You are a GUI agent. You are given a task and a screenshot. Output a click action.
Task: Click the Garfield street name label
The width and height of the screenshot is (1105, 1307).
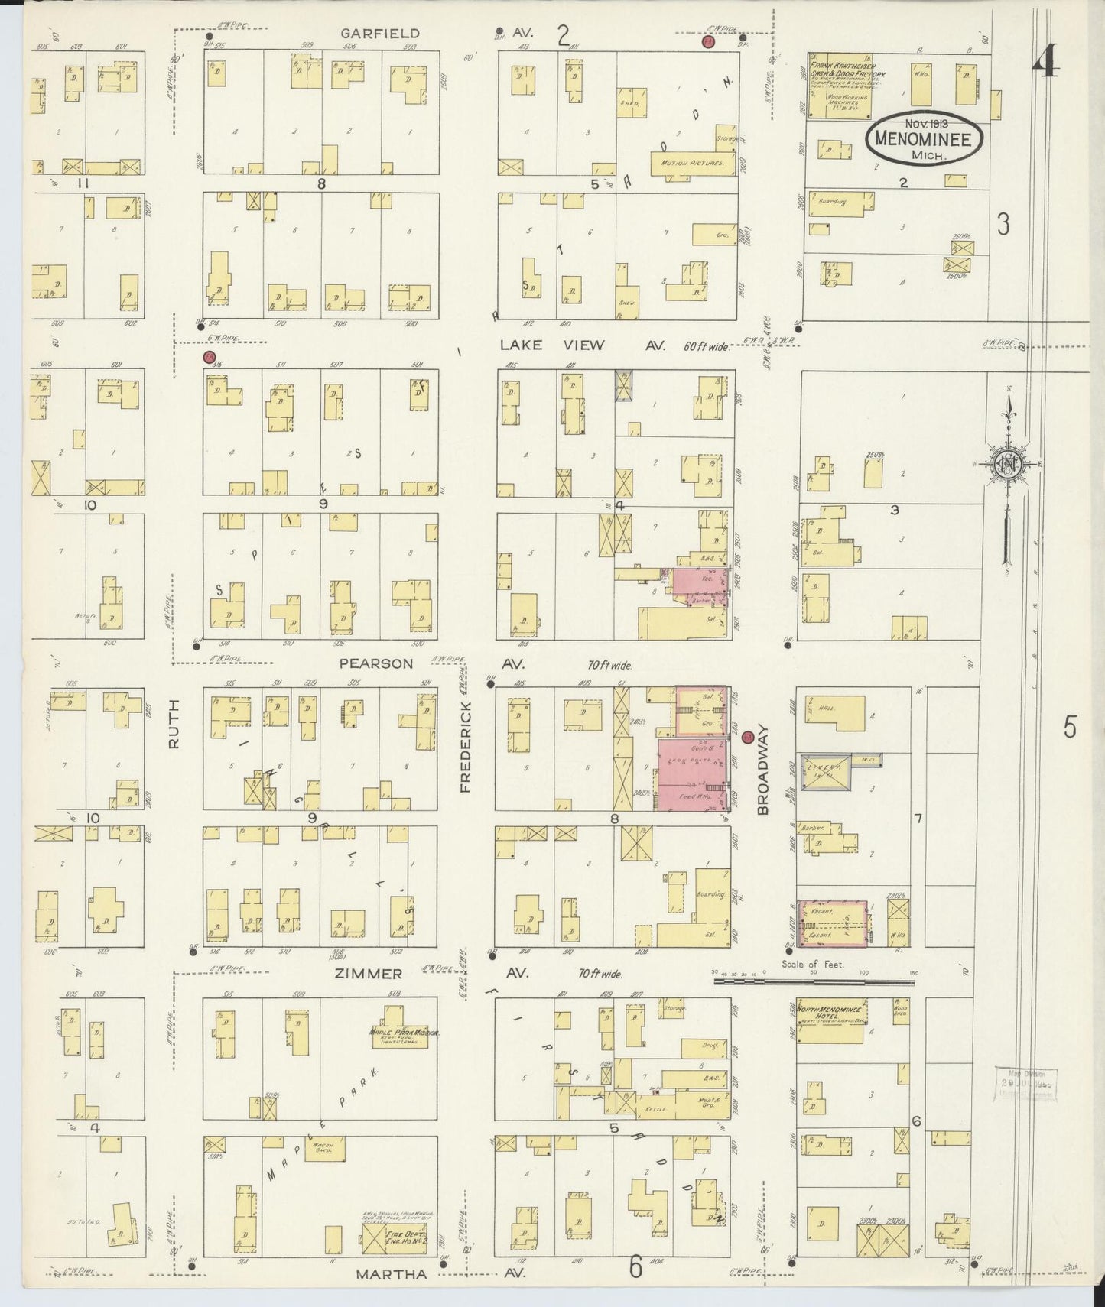pos(369,33)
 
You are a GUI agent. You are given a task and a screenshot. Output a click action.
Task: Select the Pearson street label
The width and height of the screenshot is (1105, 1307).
pos(375,663)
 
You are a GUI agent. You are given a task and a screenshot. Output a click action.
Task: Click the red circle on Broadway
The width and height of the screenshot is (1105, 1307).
pos(748,737)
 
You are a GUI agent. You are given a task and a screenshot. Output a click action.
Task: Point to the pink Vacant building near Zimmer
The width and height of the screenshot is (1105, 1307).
pos(832,923)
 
